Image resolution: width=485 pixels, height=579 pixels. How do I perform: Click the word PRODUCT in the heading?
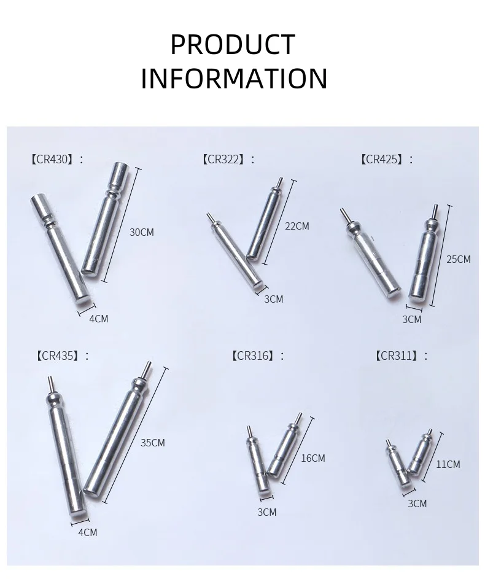point(233,44)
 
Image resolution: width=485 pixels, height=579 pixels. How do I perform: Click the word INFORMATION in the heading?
point(234,78)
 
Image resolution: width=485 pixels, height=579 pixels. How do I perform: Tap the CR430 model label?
point(54,159)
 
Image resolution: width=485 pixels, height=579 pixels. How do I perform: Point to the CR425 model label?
point(382,159)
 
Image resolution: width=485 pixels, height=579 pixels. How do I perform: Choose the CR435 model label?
point(59,356)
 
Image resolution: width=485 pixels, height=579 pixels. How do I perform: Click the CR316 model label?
point(254,356)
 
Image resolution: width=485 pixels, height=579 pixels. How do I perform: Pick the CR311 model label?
point(398,356)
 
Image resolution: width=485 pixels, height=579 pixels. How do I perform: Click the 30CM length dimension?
point(141,232)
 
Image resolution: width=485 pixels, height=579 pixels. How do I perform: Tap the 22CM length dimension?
point(297,226)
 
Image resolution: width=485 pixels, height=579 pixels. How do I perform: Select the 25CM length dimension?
point(459,259)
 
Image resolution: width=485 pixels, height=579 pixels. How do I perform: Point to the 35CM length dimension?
point(152,442)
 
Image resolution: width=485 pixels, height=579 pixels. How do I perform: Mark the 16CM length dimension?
point(313,458)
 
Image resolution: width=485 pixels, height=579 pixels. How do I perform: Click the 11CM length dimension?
point(448,464)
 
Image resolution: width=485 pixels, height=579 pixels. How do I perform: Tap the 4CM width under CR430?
point(99,318)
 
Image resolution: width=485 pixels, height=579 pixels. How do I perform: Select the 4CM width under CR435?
point(88,532)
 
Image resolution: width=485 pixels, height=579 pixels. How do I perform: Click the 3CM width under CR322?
point(274,299)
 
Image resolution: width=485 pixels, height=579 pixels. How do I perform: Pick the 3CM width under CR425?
point(411,319)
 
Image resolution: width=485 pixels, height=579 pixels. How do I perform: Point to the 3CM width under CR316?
point(267,512)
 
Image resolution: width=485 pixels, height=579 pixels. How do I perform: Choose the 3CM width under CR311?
point(417,503)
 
